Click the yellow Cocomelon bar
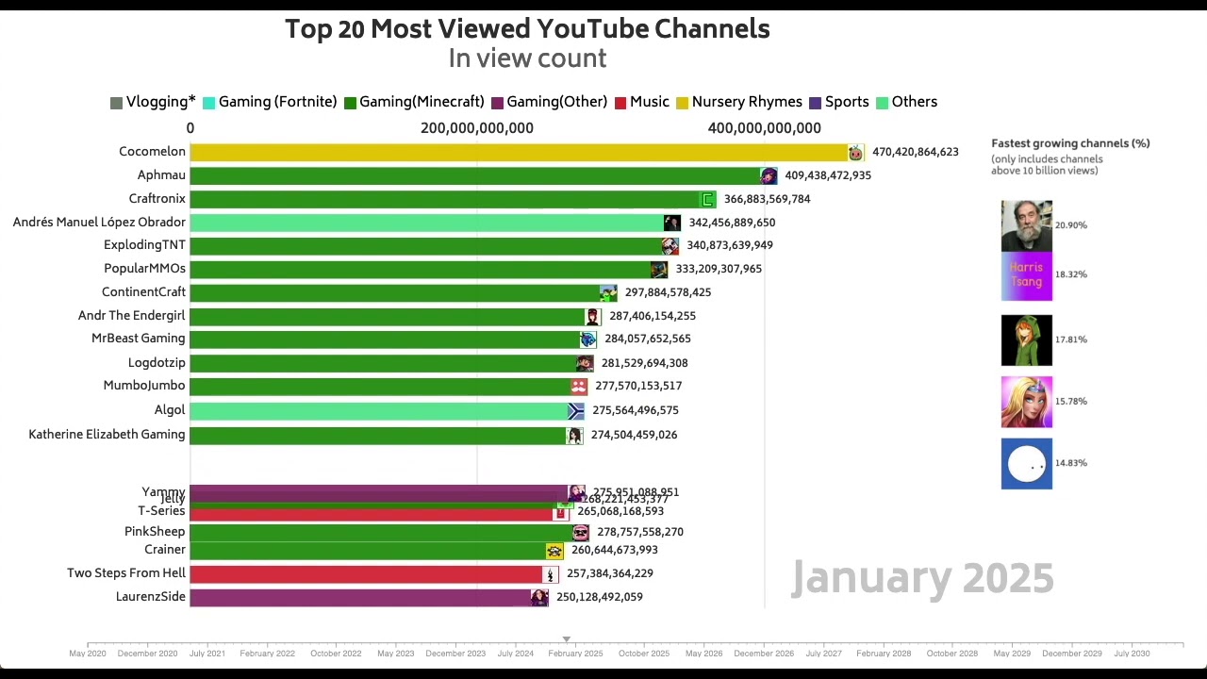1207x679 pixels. click(x=519, y=152)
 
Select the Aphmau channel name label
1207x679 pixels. click(x=161, y=175)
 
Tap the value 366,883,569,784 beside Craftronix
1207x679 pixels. click(x=767, y=199)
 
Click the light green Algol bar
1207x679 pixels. click(x=377, y=410)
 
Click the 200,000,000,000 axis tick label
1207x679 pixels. click(x=477, y=128)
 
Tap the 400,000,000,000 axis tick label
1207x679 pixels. click(x=764, y=128)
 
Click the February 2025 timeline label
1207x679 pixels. click(x=575, y=654)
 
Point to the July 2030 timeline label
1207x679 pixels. click(x=1132, y=654)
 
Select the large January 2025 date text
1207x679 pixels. click(x=922, y=578)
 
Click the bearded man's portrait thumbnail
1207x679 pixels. click(x=1026, y=225)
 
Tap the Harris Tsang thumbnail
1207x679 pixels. click(x=1026, y=276)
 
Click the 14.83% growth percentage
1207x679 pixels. click(x=1071, y=463)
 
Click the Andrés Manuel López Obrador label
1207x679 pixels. click(x=99, y=223)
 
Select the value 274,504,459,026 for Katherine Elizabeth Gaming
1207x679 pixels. click(x=634, y=435)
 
